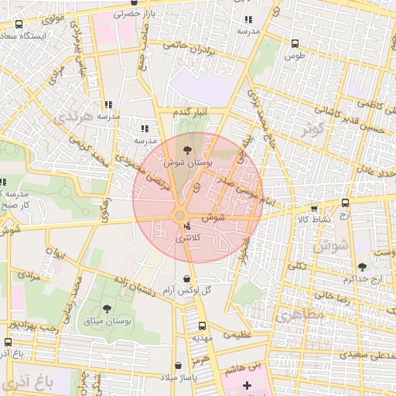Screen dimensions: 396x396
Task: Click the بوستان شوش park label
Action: click(183, 164)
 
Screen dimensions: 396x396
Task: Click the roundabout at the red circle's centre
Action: click(180, 215)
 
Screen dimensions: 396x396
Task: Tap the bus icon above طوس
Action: click(294, 44)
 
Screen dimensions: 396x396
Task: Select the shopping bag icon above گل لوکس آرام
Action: click(187, 278)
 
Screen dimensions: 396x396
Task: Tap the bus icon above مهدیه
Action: click(202, 326)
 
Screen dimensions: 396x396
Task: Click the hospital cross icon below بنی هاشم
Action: click(247, 384)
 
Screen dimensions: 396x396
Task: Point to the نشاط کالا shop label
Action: click(312, 219)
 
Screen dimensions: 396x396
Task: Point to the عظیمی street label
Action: click(237, 335)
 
